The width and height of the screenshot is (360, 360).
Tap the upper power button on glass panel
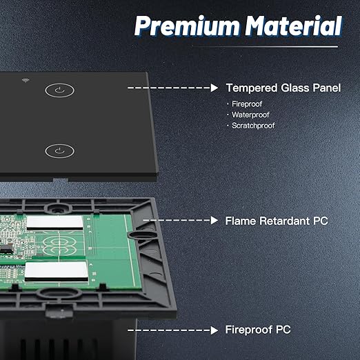(59, 90)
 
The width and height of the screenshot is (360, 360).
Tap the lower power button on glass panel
(59, 151)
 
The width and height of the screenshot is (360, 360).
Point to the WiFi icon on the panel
(26, 80)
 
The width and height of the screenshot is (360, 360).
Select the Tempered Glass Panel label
(283, 88)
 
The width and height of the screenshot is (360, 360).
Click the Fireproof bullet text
(247, 104)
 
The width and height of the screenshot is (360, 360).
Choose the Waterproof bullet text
(250, 114)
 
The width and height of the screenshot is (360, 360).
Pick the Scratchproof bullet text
(253, 126)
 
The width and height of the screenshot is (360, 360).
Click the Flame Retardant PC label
(277, 221)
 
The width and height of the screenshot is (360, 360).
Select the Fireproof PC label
(258, 330)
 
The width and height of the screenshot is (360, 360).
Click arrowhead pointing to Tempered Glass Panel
(214, 88)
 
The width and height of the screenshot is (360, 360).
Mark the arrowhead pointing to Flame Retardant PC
(214, 220)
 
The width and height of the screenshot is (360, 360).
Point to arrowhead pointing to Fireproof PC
(214, 330)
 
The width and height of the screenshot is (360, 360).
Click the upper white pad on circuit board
(54, 223)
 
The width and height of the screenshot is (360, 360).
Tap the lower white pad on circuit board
(57, 270)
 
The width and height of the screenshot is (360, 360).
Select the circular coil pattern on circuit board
(59, 246)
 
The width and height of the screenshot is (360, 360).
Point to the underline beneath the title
(265, 47)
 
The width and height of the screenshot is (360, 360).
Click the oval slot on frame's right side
(141, 234)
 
